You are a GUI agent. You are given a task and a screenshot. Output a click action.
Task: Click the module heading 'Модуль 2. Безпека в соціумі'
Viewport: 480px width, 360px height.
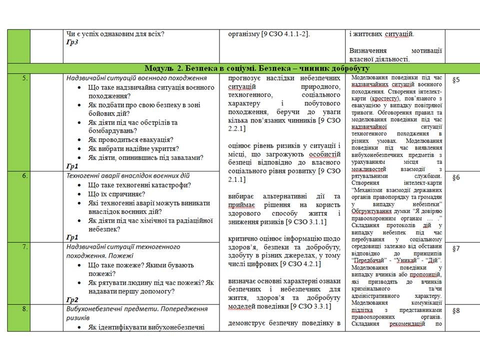coord(257,68)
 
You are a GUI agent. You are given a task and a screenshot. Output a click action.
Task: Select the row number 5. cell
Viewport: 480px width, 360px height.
coord(24,78)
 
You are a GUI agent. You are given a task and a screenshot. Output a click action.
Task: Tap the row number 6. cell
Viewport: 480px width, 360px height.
coord(24,176)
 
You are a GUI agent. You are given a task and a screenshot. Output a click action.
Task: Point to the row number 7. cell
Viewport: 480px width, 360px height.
coord(24,247)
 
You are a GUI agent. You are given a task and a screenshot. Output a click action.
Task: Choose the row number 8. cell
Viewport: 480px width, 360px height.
coord(24,309)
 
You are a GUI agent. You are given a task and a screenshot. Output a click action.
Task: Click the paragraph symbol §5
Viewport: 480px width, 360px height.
coord(456,79)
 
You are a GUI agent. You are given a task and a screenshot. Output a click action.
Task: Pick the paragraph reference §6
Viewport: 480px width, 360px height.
coord(456,177)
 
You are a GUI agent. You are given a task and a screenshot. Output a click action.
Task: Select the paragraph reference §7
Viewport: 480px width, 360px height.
coord(456,248)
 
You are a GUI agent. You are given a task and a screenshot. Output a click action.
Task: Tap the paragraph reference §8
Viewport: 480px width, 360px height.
coord(456,310)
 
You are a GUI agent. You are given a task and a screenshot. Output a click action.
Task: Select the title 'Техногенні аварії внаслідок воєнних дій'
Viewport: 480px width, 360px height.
coord(128,176)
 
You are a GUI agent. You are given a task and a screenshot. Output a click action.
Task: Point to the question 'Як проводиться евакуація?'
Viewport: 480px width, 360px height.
coord(130,139)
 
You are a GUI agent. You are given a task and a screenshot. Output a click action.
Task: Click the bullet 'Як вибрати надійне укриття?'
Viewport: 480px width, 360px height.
coord(133,148)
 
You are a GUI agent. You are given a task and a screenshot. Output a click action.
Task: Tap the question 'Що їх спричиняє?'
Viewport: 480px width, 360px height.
coord(116,193)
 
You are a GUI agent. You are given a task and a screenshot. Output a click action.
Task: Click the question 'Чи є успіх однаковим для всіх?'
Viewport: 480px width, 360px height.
coord(115,34)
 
